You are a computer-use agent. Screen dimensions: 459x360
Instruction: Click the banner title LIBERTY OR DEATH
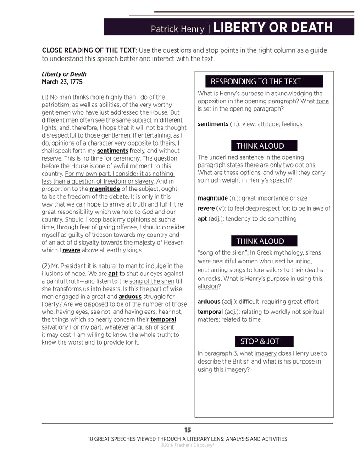[x=273, y=28]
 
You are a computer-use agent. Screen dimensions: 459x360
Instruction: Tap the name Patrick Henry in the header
[x=177, y=29]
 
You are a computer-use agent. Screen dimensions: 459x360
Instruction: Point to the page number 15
[x=187, y=430]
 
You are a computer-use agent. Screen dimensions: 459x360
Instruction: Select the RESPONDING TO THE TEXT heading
[x=255, y=82]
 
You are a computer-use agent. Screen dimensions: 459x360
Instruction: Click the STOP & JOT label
[x=260, y=341]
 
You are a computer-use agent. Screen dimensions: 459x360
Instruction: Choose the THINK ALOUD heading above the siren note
[x=260, y=241]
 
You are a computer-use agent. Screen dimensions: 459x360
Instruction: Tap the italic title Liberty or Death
[x=64, y=74]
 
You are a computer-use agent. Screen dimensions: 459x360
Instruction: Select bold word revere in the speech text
[x=71, y=250]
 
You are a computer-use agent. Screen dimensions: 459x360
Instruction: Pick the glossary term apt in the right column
[x=202, y=219]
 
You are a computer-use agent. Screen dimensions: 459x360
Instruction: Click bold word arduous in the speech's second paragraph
[x=130, y=296]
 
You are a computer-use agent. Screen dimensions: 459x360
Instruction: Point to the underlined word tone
[x=322, y=101]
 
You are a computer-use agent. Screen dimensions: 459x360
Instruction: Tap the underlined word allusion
[x=208, y=286]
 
